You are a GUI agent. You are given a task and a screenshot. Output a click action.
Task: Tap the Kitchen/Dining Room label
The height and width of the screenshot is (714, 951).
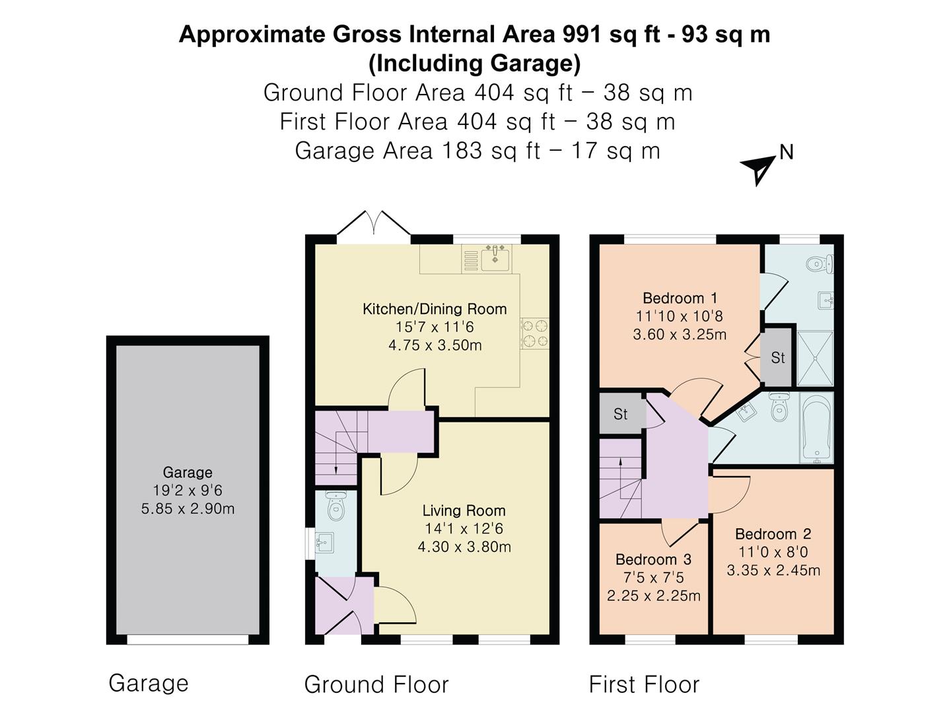[435, 309]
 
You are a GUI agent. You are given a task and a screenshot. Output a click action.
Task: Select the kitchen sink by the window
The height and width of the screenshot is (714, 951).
[495, 257]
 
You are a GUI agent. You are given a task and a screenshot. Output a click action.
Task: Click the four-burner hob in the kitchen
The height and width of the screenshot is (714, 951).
[534, 333]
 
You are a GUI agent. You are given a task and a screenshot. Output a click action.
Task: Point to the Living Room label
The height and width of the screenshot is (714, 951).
[464, 510]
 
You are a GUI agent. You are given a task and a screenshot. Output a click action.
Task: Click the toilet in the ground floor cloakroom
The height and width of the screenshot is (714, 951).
[336, 506]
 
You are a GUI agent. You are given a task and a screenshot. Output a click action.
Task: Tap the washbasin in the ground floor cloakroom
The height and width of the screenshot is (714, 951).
[324, 543]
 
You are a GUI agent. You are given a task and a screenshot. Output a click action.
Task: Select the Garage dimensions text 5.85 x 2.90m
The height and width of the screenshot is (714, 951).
[188, 508]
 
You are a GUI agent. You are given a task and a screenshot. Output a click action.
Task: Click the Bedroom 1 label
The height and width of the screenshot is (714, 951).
[680, 298]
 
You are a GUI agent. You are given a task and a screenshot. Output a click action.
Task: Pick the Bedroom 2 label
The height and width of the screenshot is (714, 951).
[773, 534]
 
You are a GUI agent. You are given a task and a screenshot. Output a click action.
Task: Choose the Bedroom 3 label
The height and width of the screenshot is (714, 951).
[653, 559]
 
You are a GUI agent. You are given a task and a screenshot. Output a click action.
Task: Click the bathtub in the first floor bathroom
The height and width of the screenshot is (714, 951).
[817, 428]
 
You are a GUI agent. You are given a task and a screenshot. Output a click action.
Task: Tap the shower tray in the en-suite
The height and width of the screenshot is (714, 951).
[815, 358]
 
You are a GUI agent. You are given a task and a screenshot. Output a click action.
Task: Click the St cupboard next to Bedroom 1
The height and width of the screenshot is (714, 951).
[777, 358]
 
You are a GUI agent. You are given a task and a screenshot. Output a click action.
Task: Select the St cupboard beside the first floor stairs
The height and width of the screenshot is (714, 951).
[620, 414]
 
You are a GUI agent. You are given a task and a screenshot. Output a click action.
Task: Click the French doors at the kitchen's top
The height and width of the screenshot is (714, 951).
[374, 223]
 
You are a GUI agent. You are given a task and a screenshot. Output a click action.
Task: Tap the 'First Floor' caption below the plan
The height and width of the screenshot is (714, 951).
[643, 684]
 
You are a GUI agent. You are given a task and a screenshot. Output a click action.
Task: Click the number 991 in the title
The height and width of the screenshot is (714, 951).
[582, 34]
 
